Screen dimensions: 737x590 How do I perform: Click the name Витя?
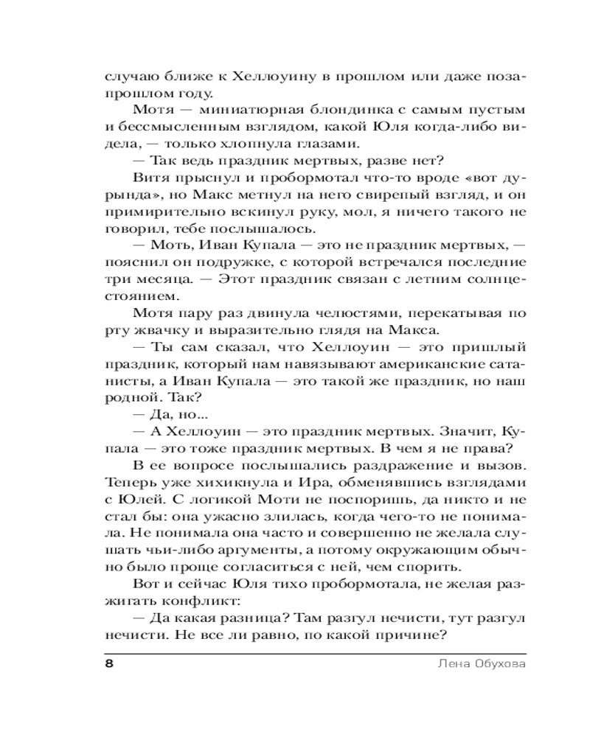pos(149,178)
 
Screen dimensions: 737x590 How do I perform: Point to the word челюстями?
pos(325,315)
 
